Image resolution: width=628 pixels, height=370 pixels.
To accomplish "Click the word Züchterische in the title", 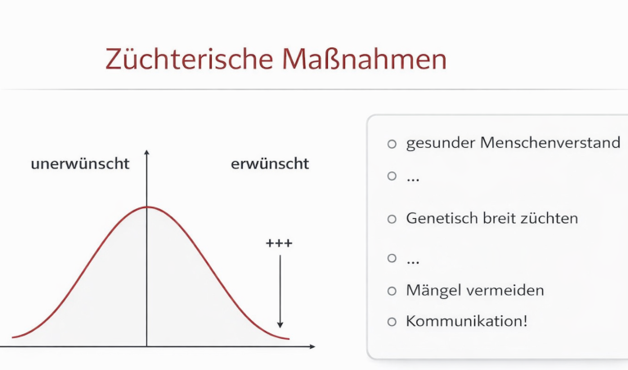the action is pyautogui.click(x=189, y=59).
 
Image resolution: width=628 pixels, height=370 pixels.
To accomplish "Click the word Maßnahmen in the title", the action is pyautogui.click(x=364, y=59).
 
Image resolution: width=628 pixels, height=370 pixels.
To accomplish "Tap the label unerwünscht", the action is pyautogui.click(x=80, y=163).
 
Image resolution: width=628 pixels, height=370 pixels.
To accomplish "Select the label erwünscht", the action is pyautogui.click(x=270, y=163).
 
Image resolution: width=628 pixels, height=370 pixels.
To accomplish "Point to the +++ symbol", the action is pyautogui.click(x=279, y=243).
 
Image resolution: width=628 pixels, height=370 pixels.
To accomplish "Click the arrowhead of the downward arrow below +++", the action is pyautogui.click(x=280, y=324).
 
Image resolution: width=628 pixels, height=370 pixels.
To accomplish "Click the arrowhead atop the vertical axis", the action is pyautogui.click(x=146, y=153).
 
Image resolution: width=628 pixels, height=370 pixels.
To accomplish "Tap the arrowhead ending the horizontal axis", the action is pyautogui.click(x=312, y=346).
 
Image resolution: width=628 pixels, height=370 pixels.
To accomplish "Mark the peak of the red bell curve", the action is pyautogui.click(x=146, y=207).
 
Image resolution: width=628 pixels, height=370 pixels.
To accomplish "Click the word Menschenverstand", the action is pyautogui.click(x=550, y=142).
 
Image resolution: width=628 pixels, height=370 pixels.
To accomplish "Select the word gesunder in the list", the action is pyautogui.click(x=441, y=144).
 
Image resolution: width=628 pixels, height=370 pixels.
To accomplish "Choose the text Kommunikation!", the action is pyautogui.click(x=467, y=321).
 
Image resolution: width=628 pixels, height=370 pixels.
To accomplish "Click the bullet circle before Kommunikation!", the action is pyautogui.click(x=392, y=322).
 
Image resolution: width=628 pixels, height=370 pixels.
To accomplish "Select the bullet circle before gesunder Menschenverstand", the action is pyautogui.click(x=392, y=144).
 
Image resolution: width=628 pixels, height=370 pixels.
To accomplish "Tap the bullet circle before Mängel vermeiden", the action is pyautogui.click(x=392, y=291).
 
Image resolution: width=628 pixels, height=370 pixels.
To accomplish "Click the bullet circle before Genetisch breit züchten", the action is pyautogui.click(x=392, y=219).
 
